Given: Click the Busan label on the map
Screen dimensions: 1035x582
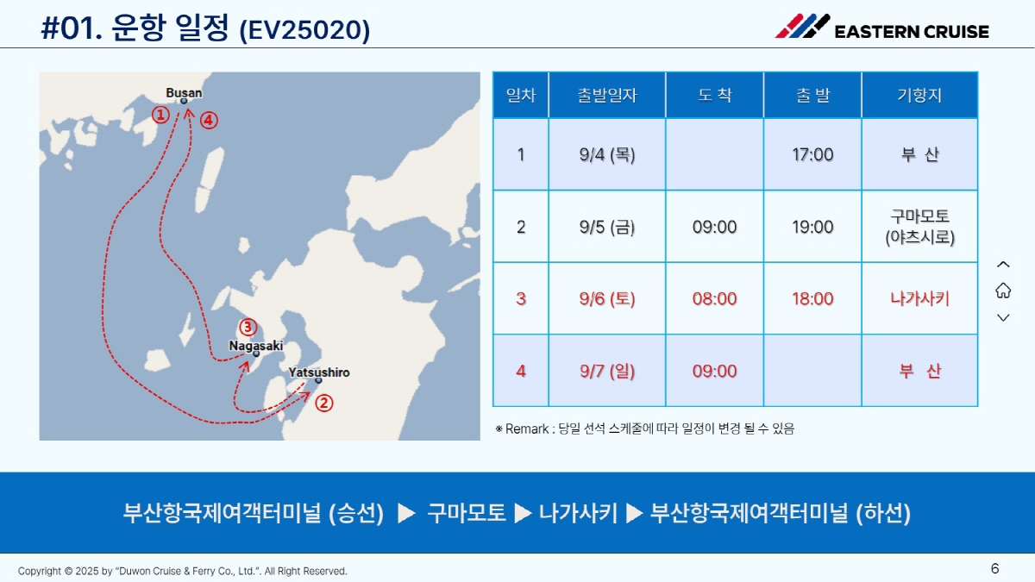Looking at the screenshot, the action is pyautogui.click(x=184, y=93).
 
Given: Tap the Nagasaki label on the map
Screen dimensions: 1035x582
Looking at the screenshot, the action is pyautogui.click(x=256, y=346).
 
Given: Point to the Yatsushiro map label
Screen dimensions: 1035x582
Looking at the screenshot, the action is pyautogui.click(x=319, y=372).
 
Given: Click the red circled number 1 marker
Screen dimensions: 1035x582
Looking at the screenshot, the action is pyautogui.click(x=160, y=115).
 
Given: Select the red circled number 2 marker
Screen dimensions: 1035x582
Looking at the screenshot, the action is pyautogui.click(x=324, y=403).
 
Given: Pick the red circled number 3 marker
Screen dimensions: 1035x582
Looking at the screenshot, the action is pyautogui.click(x=248, y=328).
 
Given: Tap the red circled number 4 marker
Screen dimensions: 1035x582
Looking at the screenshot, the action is pyautogui.click(x=209, y=120).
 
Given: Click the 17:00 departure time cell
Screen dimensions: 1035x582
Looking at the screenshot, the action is pyautogui.click(x=812, y=154).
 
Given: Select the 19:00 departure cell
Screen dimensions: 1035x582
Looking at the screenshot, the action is pyautogui.click(x=812, y=227).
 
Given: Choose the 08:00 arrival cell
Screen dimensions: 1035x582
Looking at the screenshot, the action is pyautogui.click(x=714, y=299).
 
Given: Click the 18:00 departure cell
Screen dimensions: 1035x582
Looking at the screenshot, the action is pyautogui.click(x=812, y=299).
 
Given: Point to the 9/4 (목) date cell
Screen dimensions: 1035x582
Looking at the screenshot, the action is pyautogui.click(x=607, y=154).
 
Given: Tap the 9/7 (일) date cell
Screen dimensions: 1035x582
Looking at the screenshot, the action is pyautogui.click(x=607, y=371).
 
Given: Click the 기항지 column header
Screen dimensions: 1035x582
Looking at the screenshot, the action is pyautogui.click(x=919, y=95).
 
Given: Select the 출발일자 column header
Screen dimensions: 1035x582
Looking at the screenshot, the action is pyautogui.click(x=607, y=95).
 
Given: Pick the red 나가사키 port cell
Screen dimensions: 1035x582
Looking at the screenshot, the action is pyautogui.click(x=919, y=299).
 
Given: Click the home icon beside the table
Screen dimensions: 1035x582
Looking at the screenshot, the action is pyautogui.click(x=1003, y=291).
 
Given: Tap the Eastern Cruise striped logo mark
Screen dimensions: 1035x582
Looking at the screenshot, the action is pyautogui.click(x=802, y=26).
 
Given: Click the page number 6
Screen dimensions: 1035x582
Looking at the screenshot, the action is pyautogui.click(x=994, y=568).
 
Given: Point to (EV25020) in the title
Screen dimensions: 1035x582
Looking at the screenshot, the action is pyautogui.click(x=305, y=30).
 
